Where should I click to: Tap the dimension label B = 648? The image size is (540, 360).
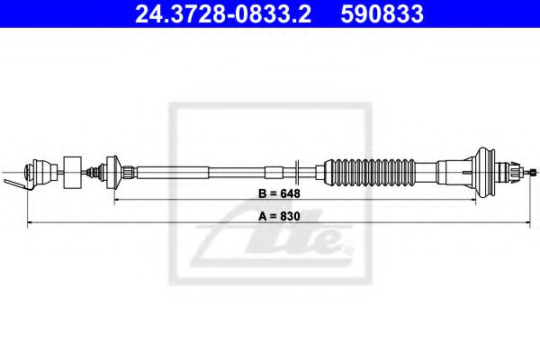click(276, 193)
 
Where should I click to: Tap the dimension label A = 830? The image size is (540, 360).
click(276, 217)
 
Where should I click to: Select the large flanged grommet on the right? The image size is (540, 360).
click(490, 168)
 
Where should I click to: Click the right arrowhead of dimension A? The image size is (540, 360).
click(535, 222)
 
